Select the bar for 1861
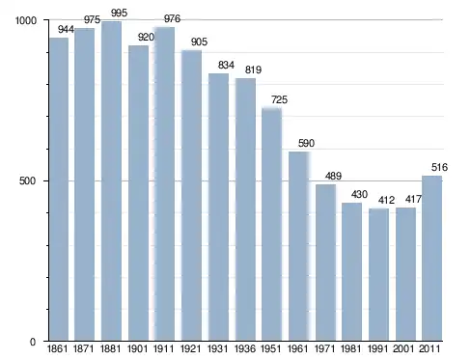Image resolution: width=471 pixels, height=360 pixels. pyautogui.click(x=59, y=189)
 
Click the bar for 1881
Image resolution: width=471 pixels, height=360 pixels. pyautogui.click(x=111, y=181)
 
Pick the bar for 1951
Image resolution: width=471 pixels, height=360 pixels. pyautogui.click(x=271, y=225)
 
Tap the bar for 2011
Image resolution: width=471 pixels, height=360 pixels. pyautogui.click(x=431, y=258)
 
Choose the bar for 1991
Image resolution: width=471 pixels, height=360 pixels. pyautogui.click(x=378, y=275)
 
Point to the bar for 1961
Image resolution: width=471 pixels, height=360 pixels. pyautogui.click(x=299, y=246)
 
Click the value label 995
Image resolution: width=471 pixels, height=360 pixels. pyautogui.click(x=120, y=13)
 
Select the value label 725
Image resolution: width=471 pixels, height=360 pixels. pyautogui.click(x=279, y=99)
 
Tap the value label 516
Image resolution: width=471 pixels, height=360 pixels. pyautogui.click(x=439, y=167)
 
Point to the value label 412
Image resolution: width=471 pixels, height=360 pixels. pyautogui.click(x=386, y=200)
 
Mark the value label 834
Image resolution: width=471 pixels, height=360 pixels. pyautogui.click(x=226, y=65)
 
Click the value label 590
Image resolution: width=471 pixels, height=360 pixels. pyautogui.click(x=306, y=143)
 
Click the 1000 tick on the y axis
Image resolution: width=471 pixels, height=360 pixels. pyautogui.click(x=26, y=20)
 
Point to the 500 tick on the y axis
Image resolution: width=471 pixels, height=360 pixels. pyautogui.click(x=28, y=180)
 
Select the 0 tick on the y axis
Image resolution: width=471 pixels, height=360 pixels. pyautogui.click(x=33, y=342)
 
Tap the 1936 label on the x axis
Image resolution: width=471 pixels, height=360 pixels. pyautogui.click(x=245, y=348)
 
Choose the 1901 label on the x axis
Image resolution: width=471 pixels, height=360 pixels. pyautogui.click(x=138, y=348)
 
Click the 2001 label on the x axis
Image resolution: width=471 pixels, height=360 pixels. pyautogui.click(x=404, y=348)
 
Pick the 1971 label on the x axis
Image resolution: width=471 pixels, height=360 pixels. pyautogui.click(x=324, y=348)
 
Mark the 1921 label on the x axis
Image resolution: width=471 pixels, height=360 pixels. pyautogui.click(x=191, y=348)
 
